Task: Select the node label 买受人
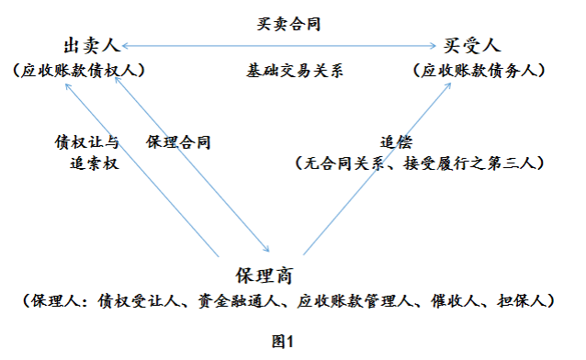tap(469, 45)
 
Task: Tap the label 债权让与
tap(87, 142)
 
